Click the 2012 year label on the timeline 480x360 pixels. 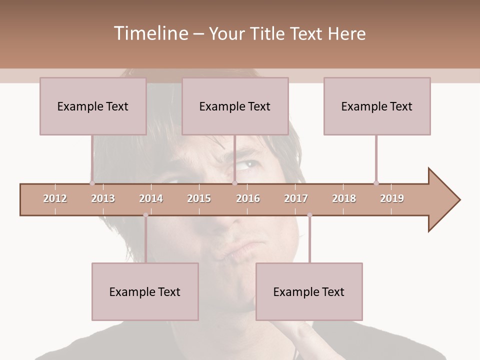(55, 198)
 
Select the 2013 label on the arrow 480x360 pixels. (103, 198)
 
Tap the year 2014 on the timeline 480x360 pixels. (151, 198)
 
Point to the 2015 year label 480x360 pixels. (199, 198)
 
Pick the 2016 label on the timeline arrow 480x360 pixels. (248, 198)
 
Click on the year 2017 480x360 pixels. (296, 198)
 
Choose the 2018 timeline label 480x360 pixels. (344, 198)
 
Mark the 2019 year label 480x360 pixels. (392, 198)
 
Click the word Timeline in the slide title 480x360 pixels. (149, 33)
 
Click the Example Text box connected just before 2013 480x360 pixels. (93, 106)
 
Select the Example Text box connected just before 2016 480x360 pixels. (235, 106)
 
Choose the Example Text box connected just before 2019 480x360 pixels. (377, 106)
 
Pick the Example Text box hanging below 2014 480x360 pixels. (145, 291)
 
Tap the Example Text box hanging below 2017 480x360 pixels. (309, 291)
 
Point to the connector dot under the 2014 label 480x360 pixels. (145, 215)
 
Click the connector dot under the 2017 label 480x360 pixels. (309, 215)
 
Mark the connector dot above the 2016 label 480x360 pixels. (234, 183)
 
